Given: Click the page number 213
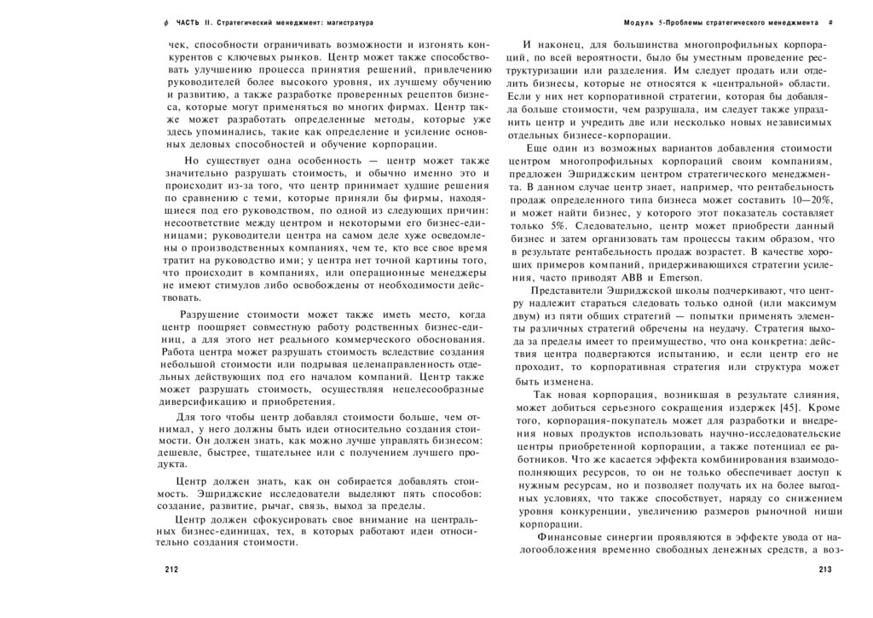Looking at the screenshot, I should [x=824, y=570].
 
